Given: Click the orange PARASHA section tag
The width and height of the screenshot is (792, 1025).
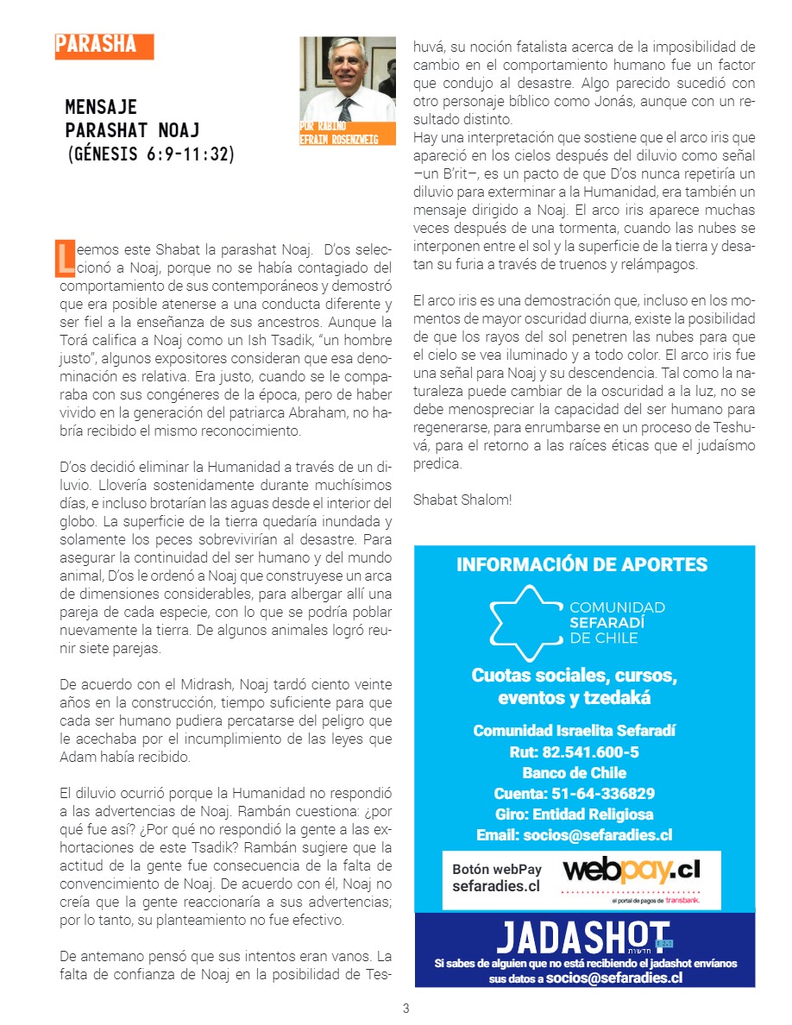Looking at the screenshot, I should tap(104, 46).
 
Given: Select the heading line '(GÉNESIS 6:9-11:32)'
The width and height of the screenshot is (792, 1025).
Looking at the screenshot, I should tap(151, 154).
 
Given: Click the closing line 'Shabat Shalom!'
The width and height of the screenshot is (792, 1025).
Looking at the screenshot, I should tap(462, 500).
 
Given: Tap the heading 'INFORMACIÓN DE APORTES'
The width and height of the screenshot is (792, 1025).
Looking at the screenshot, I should tap(581, 565).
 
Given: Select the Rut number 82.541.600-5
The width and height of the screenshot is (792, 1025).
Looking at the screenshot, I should tap(574, 752).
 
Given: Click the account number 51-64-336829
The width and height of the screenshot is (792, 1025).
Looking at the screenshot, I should tap(574, 794).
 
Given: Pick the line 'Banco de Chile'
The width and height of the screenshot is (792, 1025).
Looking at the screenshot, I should tap(574, 773).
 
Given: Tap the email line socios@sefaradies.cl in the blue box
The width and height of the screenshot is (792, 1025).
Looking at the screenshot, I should tap(574, 835).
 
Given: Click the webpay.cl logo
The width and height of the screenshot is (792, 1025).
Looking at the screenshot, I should tap(631, 869).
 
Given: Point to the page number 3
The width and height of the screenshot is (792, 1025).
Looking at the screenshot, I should tap(406, 1009).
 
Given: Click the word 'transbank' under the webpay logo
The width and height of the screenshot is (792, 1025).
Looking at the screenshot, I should tap(682, 901).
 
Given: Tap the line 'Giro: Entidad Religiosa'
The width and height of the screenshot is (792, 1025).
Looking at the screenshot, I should tap(574, 814).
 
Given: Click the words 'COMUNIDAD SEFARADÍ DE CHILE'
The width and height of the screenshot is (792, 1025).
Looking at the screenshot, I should tap(617, 623).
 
